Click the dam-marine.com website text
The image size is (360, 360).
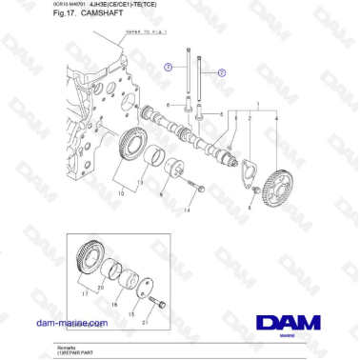click(x=71, y=324)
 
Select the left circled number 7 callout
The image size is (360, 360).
click(x=168, y=68)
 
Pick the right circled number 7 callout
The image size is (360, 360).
click(x=221, y=72)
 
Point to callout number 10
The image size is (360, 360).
click(x=121, y=192)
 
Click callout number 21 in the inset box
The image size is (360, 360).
click(x=144, y=322)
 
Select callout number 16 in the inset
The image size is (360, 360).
click(x=116, y=306)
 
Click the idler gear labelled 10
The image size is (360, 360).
click(x=137, y=154)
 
